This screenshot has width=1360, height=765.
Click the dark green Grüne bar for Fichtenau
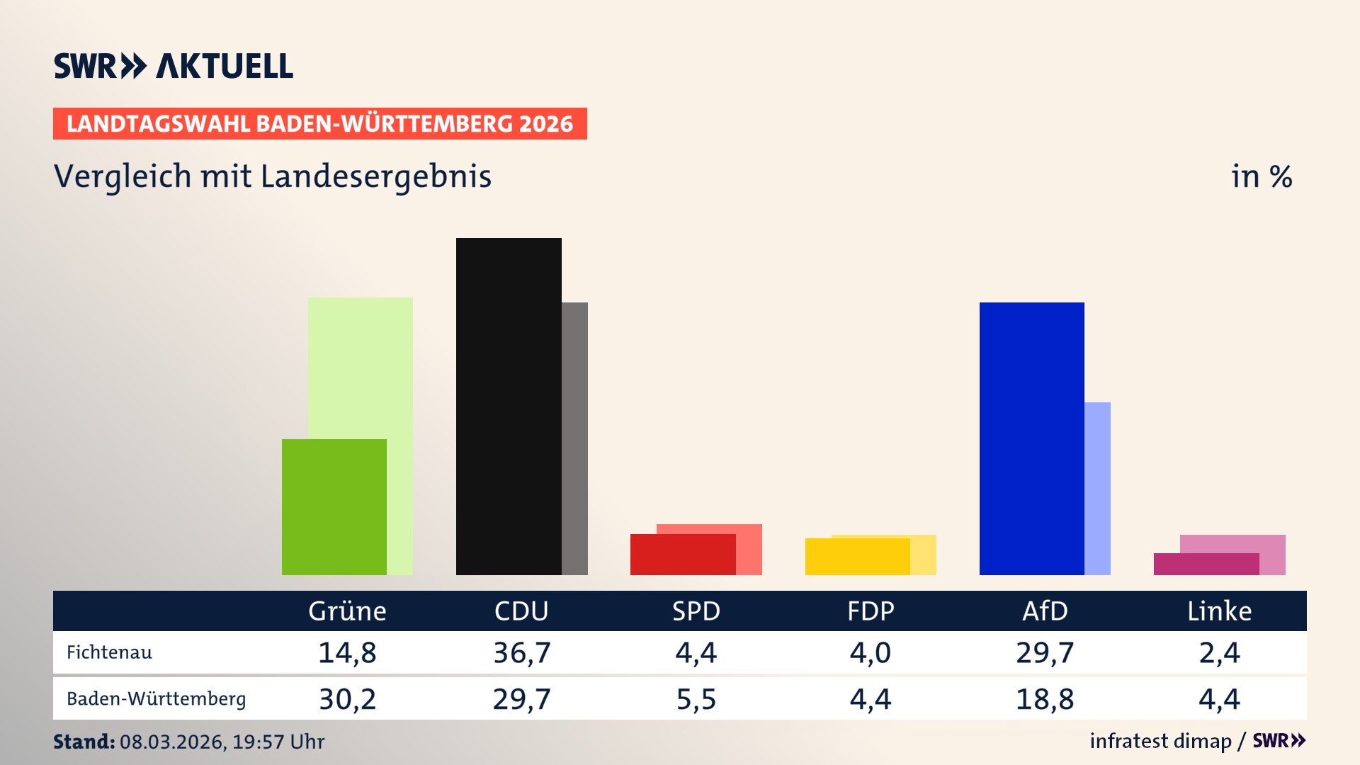click(x=334, y=506)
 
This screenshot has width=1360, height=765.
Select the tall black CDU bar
click(x=509, y=406)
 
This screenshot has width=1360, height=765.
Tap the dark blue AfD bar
click(x=1031, y=438)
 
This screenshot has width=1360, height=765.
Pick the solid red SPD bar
click(x=683, y=555)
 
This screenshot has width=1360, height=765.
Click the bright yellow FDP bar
click(x=857, y=557)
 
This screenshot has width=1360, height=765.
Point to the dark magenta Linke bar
click(x=1206, y=565)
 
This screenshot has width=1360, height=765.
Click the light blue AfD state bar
click(x=1097, y=488)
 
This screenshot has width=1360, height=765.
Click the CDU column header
click(x=521, y=611)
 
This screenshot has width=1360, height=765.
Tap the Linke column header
click(x=1219, y=611)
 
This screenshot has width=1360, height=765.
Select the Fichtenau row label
click(x=109, y=652)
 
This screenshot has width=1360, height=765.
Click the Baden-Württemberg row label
click(x=156, y=699)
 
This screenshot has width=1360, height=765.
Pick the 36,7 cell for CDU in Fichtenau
click(x=521, y=652)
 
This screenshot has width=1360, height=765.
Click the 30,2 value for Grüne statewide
click(x=347, y=699)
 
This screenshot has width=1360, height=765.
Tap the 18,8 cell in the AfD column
click(x=1045, y=699)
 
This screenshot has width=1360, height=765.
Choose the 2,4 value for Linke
click(x=1219, y=652)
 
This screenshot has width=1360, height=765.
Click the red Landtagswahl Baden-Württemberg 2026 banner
click(x=319, y=124)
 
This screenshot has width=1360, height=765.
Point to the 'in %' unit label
click(x=1261, y=176)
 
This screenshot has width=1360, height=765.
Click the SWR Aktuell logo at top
click(x=174, y=66)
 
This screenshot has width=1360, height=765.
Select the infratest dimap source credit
click(x=1160, y=741)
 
